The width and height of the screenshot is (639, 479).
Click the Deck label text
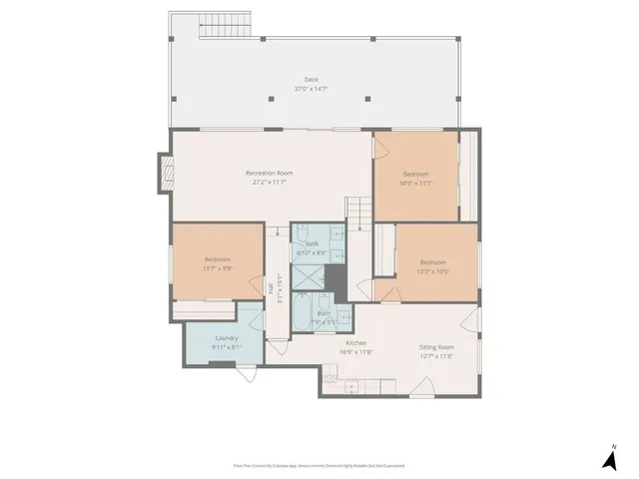[x=312, y=80]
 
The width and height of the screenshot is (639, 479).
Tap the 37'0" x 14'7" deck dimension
[x=312, y=89]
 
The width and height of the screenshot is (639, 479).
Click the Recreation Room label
[x=268, y=173]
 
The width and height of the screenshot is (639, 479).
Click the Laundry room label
[x=226, y=337]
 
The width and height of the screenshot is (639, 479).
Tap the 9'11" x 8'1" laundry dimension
[x=226, y=346]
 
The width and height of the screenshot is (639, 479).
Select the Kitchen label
[x=356, y=342]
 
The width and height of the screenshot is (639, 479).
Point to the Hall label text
[x=271, y=287]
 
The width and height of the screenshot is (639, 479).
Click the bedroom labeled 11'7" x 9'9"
[x=217, y=263]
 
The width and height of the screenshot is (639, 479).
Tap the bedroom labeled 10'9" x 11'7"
[x=415, y=179]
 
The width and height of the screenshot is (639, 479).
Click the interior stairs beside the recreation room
[x=358, y=211]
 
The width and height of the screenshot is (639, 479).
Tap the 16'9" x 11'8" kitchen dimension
[x=356, y=351]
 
